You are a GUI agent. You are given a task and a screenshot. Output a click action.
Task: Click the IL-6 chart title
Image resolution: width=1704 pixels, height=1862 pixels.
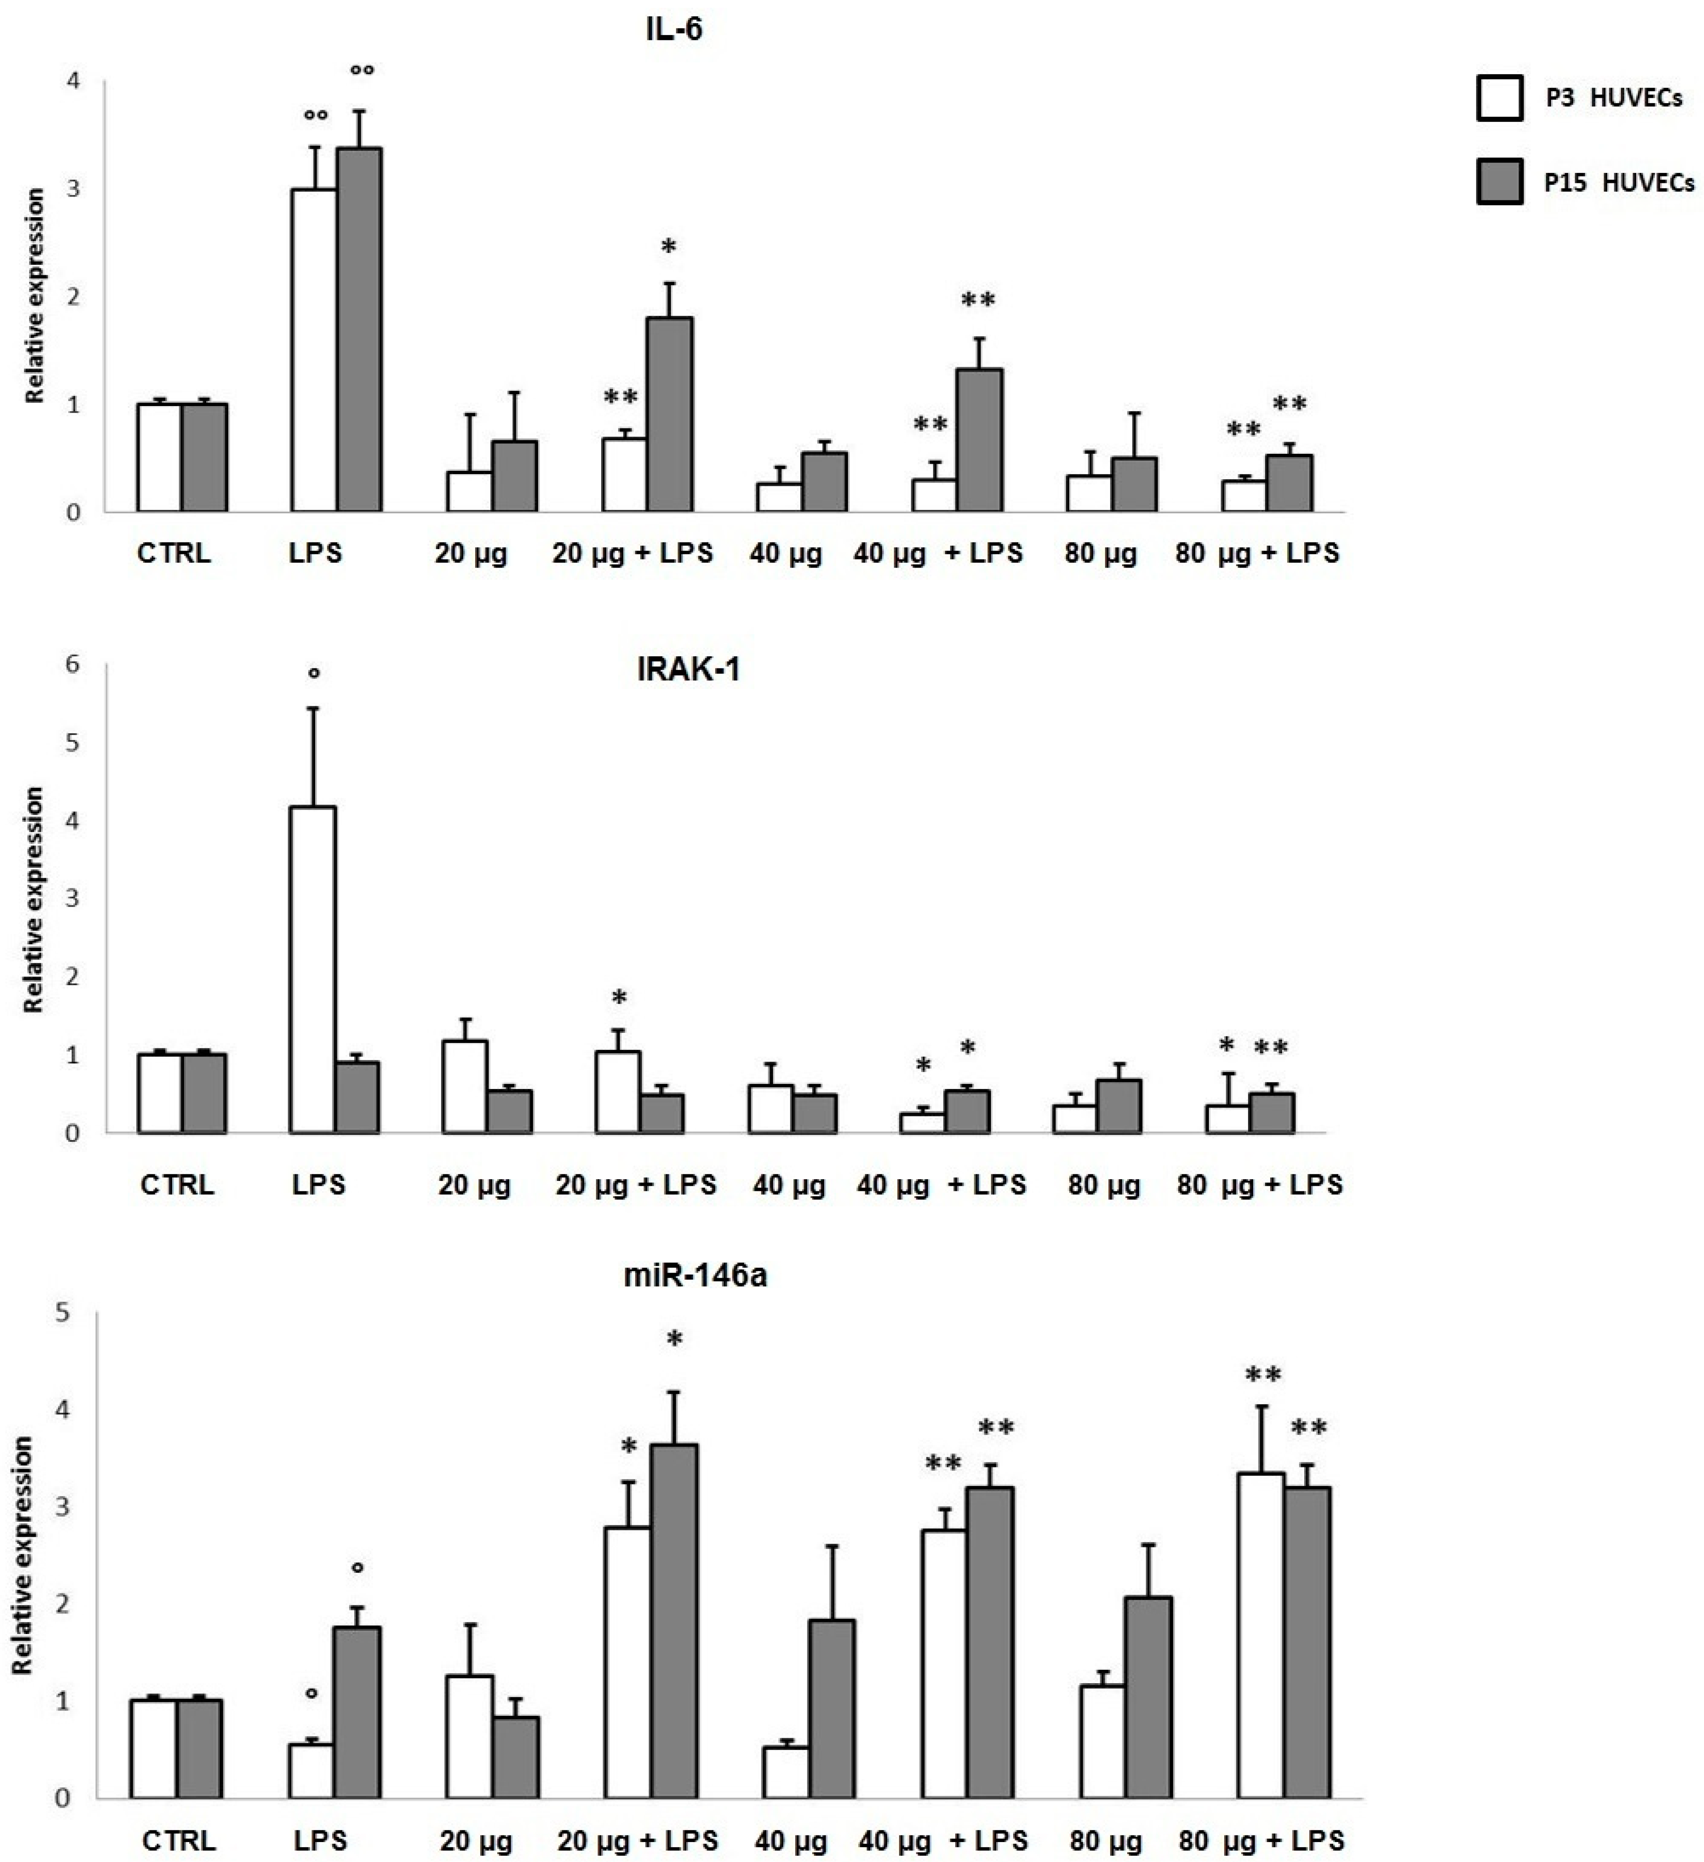[674, 30]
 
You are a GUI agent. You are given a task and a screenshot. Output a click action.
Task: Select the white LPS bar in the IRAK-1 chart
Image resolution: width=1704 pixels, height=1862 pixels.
[313, 970]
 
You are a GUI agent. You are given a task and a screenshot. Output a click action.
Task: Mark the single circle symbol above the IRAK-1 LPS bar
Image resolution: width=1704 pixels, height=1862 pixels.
[314, 673]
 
